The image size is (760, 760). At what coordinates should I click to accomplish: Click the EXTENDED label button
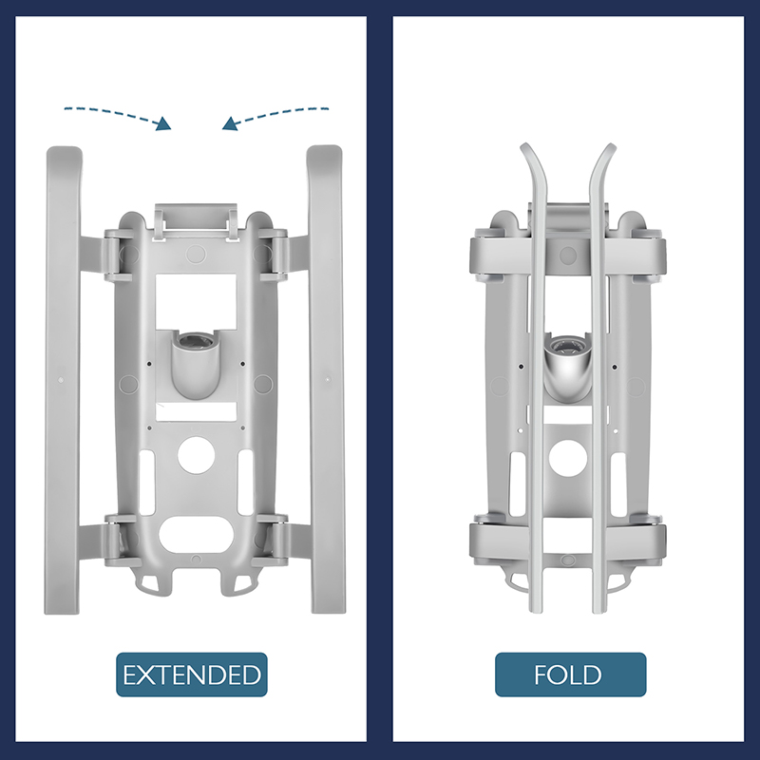192,674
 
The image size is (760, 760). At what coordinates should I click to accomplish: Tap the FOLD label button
571,674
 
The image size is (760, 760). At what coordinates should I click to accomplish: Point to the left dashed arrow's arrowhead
163,124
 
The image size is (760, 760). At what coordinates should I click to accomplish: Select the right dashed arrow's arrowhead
230,124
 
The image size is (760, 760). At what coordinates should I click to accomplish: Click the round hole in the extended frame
197,455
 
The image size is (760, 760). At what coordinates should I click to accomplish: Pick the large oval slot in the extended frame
197,535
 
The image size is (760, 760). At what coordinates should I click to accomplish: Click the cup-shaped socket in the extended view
196,364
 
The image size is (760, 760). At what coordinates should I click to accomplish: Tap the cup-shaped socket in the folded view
568,368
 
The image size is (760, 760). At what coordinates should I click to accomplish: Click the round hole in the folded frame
567,458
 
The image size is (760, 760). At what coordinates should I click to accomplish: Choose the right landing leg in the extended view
326,379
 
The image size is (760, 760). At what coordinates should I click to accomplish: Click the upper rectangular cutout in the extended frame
196,301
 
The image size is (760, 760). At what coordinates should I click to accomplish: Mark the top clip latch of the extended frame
196,222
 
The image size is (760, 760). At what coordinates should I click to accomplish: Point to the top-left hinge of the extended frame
117,255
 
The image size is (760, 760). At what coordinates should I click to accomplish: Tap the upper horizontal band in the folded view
567,255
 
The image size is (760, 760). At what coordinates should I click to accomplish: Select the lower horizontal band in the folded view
567,541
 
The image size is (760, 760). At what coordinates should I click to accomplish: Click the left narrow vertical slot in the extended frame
146,483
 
